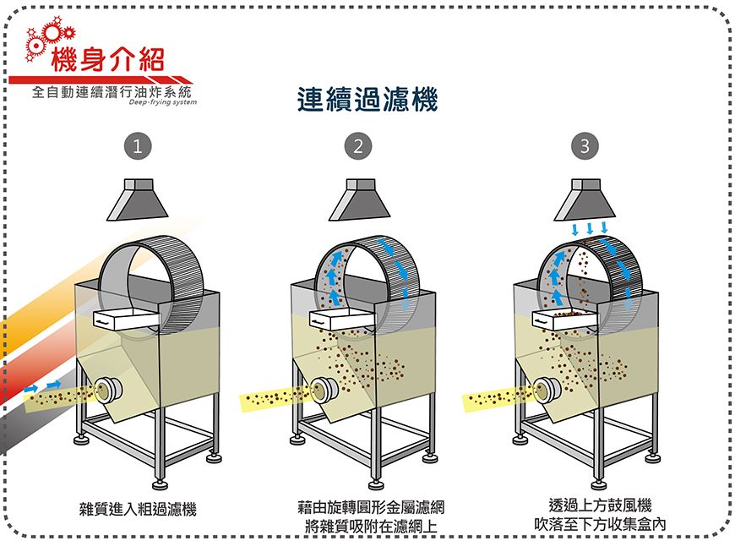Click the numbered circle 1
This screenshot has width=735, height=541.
tap(138, 146)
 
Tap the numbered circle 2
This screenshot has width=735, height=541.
tap(358, 146)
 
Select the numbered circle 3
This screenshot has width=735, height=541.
tap(585, 146)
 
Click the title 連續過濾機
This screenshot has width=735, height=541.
tap(367, 100)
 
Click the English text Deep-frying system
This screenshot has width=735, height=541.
tap(163, 102)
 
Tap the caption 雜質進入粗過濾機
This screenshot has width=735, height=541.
tap(138, 509)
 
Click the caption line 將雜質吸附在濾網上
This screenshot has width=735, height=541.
tap(371, 526)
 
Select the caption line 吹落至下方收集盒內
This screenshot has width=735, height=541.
tap(600, 524)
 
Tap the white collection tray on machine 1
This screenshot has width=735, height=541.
tap(127, 320)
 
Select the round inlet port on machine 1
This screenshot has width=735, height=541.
tap(109, 390)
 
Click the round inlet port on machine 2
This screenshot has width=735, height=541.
tap(324, 390)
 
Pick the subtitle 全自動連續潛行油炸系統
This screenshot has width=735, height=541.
tap(112, 91)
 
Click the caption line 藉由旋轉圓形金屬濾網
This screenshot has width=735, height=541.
tap(371, 507)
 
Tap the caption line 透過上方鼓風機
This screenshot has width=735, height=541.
tap(600, 505)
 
